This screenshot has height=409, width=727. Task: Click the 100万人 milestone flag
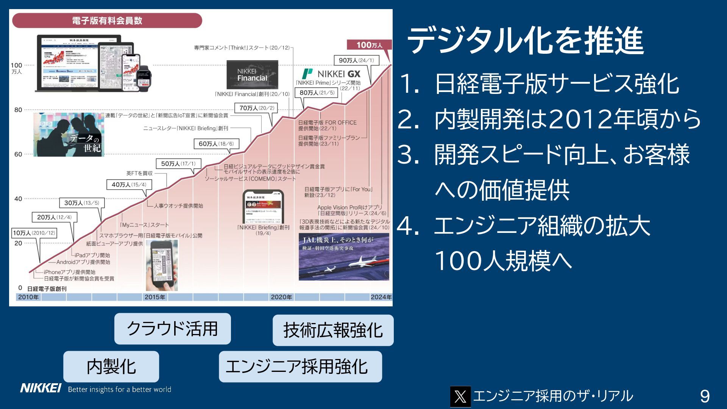click(369, 45)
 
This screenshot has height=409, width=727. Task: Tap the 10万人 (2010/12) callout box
click(34, 233)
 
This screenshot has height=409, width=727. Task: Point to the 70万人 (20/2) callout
click(256, 108)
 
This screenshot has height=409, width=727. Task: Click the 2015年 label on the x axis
click(155, 297)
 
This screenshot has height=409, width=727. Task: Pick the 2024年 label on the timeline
click(381, 297)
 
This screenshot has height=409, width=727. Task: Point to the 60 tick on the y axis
click(18, 154)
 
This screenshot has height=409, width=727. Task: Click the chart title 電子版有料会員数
click(107, 20)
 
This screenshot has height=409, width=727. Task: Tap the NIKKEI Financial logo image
click(252, 75)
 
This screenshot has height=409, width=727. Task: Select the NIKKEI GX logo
click(331, 74)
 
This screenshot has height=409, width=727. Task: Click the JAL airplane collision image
click(344, 257)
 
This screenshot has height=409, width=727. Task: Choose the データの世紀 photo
click(69, 135)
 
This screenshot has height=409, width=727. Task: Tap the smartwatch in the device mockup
click(144, 78)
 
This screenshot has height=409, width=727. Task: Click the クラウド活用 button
click(172, 329)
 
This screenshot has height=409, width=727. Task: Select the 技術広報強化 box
click(333, 330)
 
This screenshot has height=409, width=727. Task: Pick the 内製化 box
click(111, 367)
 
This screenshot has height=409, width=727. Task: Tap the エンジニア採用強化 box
click(300, 367)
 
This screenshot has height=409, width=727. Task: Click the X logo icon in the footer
click(460, 397)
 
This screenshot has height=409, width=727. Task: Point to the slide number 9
click(705, 397)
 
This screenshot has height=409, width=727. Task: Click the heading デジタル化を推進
click(525, 41)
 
